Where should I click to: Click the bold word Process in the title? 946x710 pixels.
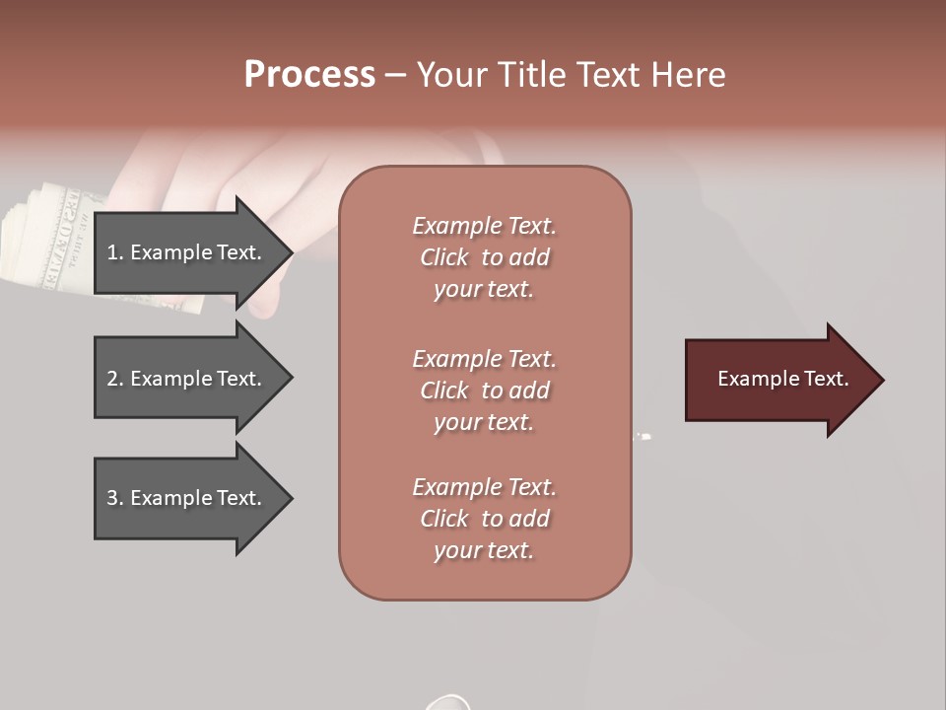[x=309, y=75]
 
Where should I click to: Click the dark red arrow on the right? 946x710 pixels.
[x=778, y=380]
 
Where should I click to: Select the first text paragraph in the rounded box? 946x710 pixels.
[x=484, y=257]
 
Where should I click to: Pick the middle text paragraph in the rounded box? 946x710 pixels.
[x=484, y=390]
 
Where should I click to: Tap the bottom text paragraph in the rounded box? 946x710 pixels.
[x=484, y=519]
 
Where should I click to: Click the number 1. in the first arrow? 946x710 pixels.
[x=115, y=252]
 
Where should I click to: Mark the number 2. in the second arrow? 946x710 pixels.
[x=115, y=379]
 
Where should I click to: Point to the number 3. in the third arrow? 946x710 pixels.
[x=115, y=498]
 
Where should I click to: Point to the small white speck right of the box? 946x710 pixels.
[x=644, y=435]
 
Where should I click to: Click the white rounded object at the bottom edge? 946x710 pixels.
[x=448, y=702]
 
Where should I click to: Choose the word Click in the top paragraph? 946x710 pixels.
[x=443, y=257]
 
